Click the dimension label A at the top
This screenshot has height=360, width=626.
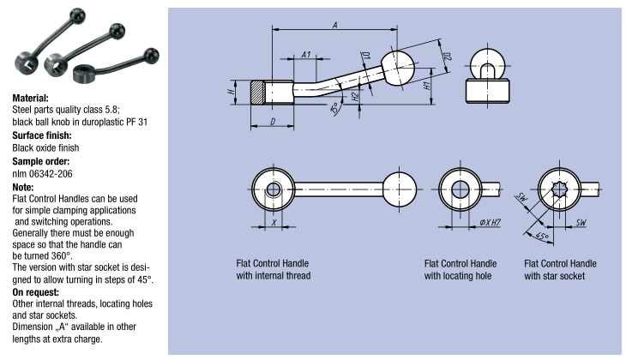pyautogui.click(x=334, y=24)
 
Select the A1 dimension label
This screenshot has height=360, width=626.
pyautogui.click(x=307, y=55)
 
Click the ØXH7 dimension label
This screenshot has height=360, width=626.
pyautogui.click(x=490, y=222)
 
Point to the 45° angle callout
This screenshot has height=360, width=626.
pyautogui.click(x=542, y=235)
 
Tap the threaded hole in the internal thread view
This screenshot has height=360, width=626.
pyautogui.click(x=274, y=190)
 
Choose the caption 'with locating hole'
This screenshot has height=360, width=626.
pyautogui.click(x=458, y=276)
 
